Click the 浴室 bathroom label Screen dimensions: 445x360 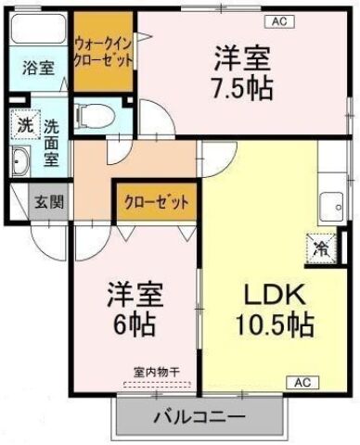pyautogui.click(x=38, y=68)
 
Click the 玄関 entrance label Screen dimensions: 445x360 pyautogui.click(x=47, y=201)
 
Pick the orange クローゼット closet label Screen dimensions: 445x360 pyautogui.click(x=155, y=201)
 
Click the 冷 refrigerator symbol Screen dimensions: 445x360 pyautogui.click(x=320, y=248)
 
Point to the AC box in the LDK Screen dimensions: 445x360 pyautogui.click(x=302, y=381)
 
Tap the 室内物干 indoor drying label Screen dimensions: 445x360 pyautogui.click(x=153, y=372)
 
